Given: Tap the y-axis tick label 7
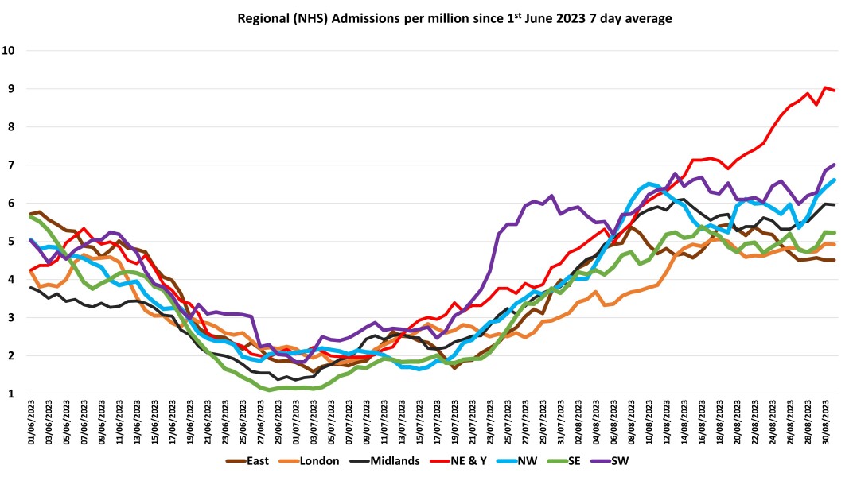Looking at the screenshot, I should click(x=12, y=165).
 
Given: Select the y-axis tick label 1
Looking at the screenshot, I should click(x=12, y=394).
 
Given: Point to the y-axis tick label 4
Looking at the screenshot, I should click(x=12, y=279).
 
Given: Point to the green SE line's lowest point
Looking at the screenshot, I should click(x=270, y=390).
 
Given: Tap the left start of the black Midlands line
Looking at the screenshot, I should click(x=31, y=287).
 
